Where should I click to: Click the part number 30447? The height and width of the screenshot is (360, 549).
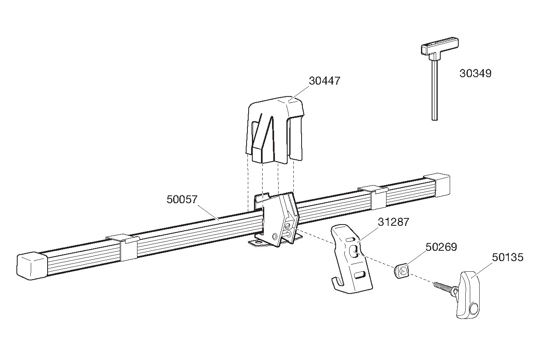(325, 81)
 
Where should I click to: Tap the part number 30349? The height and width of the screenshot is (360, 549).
(475, 73)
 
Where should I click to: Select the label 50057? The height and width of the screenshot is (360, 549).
(182, 199)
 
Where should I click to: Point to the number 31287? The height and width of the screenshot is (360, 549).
(393, 222)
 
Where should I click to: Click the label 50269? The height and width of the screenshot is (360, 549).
(441, 247)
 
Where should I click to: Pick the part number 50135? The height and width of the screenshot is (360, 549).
(508, 257)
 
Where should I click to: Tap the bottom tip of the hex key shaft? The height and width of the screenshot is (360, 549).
(435, 120)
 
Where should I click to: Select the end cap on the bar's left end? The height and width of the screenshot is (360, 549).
(32, 266)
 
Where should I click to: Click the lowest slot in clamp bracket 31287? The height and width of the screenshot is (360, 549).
(360, 275)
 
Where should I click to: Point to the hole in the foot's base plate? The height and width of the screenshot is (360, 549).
(258, 242)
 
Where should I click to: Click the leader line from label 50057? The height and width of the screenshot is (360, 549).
(208, 213)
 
